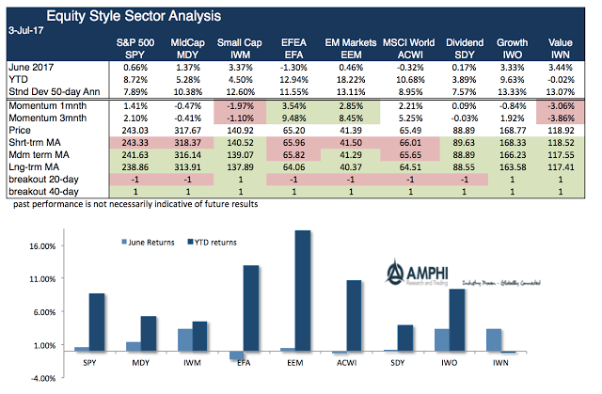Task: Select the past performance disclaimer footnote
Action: pyautogui.click(x=132, y=202)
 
